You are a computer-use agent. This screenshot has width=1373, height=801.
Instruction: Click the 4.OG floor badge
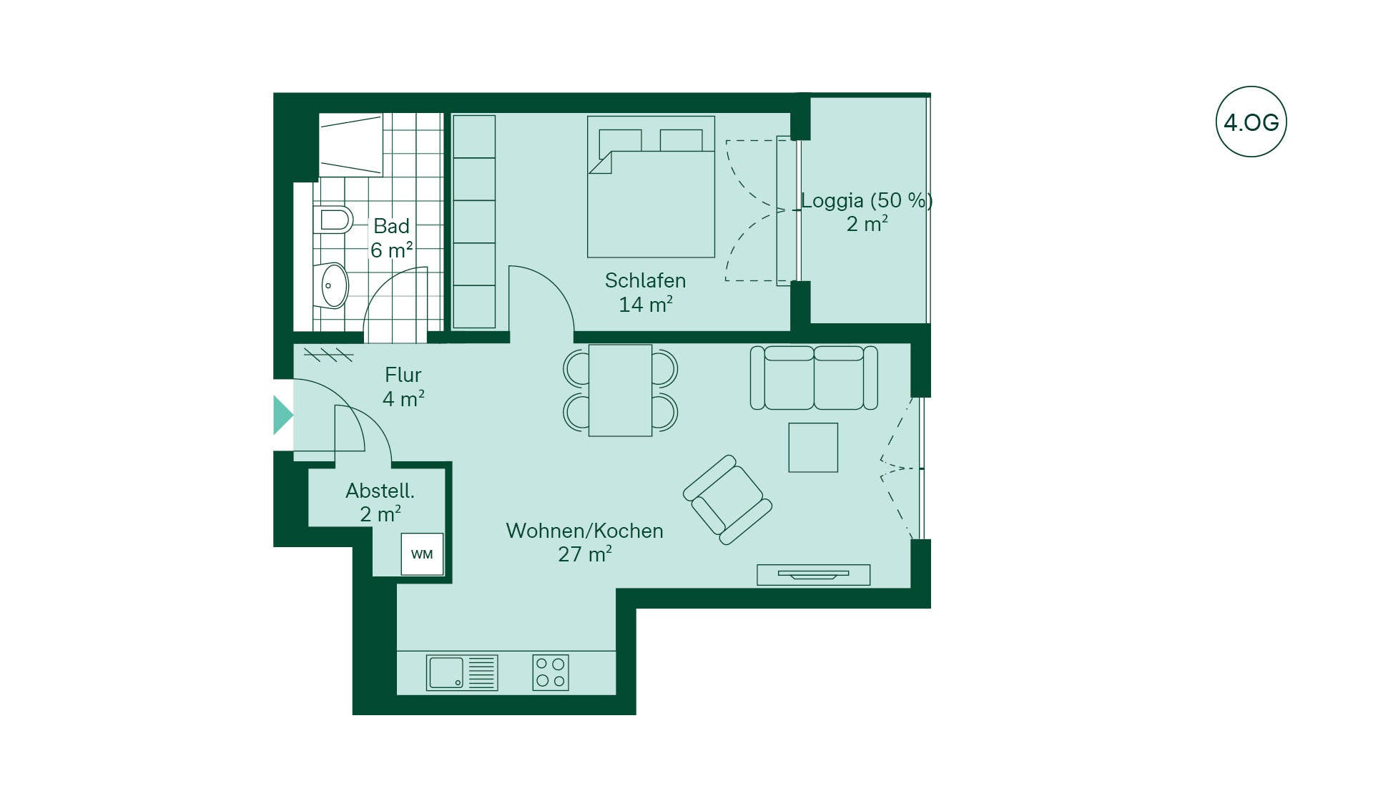pos(1251,122)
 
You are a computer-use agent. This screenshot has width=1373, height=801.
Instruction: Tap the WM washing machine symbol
pos(422,554)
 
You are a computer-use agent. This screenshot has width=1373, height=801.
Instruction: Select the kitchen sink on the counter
pos(462,672)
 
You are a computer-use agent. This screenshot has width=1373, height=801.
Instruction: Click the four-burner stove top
pos(551,672)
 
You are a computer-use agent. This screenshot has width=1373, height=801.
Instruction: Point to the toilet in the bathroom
pos(333,220)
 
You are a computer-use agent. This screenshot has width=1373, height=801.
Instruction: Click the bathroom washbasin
pos(331,285)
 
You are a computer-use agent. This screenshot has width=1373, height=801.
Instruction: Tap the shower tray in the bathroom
pos(350,144)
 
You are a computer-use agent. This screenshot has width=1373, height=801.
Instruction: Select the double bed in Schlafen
pos(651,187)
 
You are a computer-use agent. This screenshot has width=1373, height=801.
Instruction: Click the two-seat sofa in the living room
pos(814,378)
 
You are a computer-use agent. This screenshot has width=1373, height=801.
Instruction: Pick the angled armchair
pos(727,500)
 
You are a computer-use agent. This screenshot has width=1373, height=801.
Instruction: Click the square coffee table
pos(813,447)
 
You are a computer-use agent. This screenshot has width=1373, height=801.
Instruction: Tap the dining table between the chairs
pos(620,390)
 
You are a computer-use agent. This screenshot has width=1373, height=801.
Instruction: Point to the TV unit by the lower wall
pos(814,574)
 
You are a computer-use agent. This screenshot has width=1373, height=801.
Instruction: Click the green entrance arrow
pos(283,415)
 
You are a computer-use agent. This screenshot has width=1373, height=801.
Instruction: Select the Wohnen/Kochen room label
pos(584,531)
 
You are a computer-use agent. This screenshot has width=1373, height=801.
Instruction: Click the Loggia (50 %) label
pos(867,200)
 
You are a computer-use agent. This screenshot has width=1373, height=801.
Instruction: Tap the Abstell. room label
pos(380,491)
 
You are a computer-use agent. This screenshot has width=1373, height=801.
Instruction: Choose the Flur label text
pos(403,375)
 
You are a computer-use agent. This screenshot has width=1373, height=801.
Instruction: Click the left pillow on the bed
pos(620,140)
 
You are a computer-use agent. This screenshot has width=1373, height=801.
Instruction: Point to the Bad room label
pos(391,226)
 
